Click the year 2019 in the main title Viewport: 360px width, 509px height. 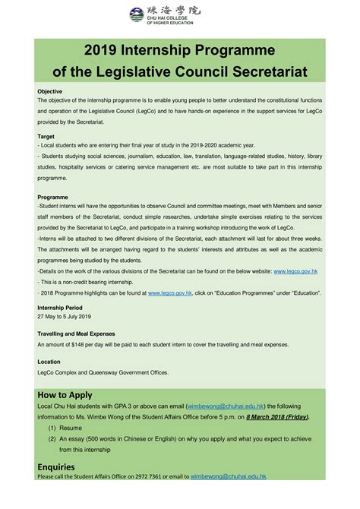point(103,52)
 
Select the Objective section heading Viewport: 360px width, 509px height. point(50,91)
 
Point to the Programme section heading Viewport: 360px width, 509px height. point(52,196)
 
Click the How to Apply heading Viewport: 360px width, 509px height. point(65,395)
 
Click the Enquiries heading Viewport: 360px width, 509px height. point(58,466)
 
